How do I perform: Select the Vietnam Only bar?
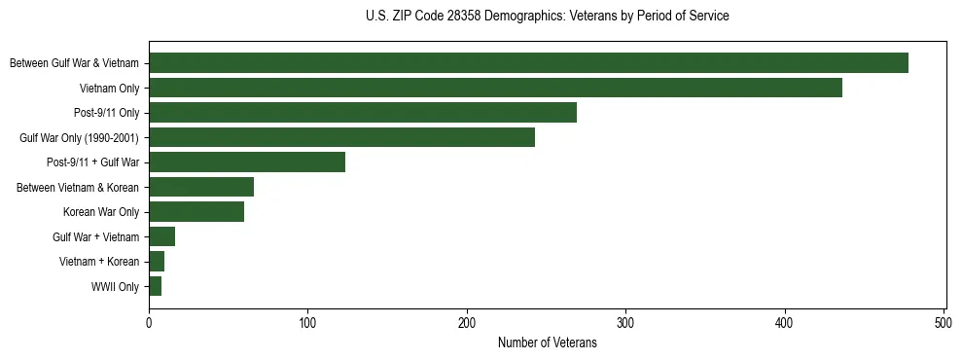pos(495,88)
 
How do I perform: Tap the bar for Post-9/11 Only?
pos(363,113)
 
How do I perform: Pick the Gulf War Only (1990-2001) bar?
pos(341,137)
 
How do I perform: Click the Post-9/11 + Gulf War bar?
pos(247,162)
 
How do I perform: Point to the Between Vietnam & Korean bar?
pos(201,187)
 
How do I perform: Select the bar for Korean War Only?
pos(196,212)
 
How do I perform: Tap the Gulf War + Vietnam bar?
pos(161,236)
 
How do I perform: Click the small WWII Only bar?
pos(155,286)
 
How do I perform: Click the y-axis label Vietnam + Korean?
pos(98,262)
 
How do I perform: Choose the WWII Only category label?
pos(115,287)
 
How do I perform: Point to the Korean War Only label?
pos(101,212)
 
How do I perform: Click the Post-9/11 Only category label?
pos(107,113)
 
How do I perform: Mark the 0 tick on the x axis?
pos(149,324)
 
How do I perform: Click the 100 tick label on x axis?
pos(307,324)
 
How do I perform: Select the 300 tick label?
pos(625,324)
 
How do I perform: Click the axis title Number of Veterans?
pos(547,342)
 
